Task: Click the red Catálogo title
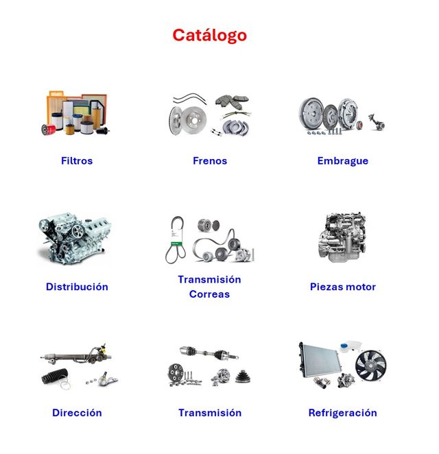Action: (x=209, y=36)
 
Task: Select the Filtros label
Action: (x=77, y=160)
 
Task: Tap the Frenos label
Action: (x=210, y=160)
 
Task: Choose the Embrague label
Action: (x=343, y=161)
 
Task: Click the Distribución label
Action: (x=77, y=287)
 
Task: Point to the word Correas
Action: (x=209, y=294)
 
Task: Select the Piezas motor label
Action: (x=343, y=287)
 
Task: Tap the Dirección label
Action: (x=77, y=413)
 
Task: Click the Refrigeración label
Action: (x=342, y=413)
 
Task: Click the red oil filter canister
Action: (x=49, y=129)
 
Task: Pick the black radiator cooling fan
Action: (x=371, y=366)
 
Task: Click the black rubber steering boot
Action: (x=56, y=376)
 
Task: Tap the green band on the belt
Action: (x=175, y=243)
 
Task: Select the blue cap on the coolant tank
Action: (x=344, y=346)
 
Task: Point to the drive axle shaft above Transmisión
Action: (x=209, y=353)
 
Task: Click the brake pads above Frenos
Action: (x=232, y=101)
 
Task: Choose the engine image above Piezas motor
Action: (x=342, y=237)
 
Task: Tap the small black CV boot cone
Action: (x=244, y=377)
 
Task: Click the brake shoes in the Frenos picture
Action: (x=236, y=128)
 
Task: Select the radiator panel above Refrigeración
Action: (x=319, y=361)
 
